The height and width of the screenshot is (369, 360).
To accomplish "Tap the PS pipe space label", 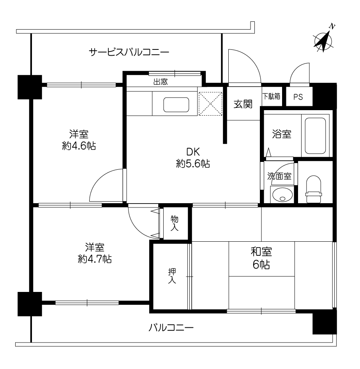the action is click(x=298, y=97).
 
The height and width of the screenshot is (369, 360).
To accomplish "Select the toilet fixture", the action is click(x=314, y=189).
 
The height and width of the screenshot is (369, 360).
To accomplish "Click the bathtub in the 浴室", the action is click(x=315, y=135).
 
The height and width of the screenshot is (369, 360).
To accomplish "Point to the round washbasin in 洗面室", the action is click(x=282, y=194).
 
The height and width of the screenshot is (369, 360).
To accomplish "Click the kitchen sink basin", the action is click(x=176, y=104).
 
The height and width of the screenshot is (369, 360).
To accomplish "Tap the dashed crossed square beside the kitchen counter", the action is click(x=210, y=104).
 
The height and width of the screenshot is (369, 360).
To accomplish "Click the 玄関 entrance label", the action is click(x=243, y=104).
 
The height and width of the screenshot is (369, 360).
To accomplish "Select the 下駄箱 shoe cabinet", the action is click(x=272, y=96).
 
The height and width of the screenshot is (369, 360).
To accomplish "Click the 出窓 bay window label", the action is click(x=161, y=82).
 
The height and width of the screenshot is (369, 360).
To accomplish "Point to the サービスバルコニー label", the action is click(x=129, y=52).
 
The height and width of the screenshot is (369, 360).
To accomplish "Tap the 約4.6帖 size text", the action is click(x=79, y=146).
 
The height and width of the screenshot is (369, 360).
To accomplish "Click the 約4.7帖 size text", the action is click(x=95, y=259).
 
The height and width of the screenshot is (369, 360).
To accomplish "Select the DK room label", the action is click(x=193, y=152).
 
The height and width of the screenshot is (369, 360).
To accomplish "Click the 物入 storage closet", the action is click(x=176, y=223).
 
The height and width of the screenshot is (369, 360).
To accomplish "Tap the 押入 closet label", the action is click(x=172, y=276).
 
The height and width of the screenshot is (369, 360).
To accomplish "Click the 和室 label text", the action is click(x=261, y=251).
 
